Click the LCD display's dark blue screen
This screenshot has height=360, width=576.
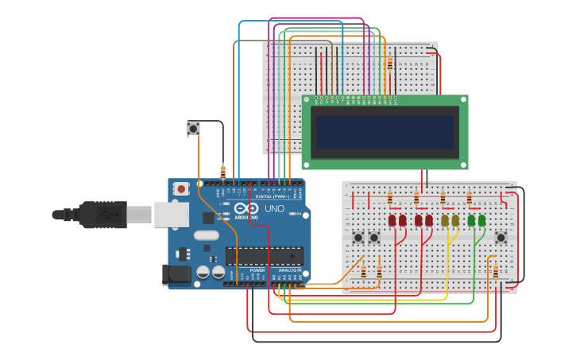tap(385, 131)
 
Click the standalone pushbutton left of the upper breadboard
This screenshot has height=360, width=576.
tap(193, 128)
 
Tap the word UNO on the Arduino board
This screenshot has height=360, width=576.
tap(274, 209)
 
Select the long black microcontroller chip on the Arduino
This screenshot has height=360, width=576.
tap(264, 256)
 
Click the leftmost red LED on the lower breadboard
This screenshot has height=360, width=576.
tap(392, 220)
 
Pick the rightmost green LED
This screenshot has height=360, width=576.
tap(481, 220)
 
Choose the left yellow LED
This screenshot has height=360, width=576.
tap(445, 220)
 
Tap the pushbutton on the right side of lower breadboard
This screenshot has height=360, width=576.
tap(501, 237)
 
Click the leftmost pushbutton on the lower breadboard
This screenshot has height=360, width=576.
tap(358, 237)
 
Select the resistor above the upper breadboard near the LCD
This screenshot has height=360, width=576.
tap(389, 64)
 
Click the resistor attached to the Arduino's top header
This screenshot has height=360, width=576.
tap(223, 171)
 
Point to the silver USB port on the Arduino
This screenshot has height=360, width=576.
tap(171, 215)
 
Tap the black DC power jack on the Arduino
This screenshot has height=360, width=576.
tap(176, 274)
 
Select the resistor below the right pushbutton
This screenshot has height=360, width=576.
tap(496, 273)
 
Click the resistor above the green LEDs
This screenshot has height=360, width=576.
tap(469, 197)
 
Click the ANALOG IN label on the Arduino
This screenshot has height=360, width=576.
tap(288, 270)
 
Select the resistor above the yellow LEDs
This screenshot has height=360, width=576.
tap(443, 197)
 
